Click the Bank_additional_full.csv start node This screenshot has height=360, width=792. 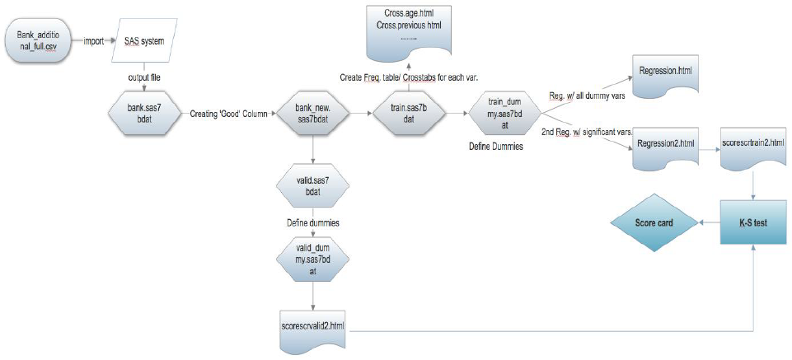(x=41, y=40)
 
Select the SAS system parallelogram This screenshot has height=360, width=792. (x=144, y=40)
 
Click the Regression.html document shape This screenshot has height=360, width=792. (x=664, y=73)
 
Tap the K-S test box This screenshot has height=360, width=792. (x=756, y=222)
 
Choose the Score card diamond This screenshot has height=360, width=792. (x=652, y=222)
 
